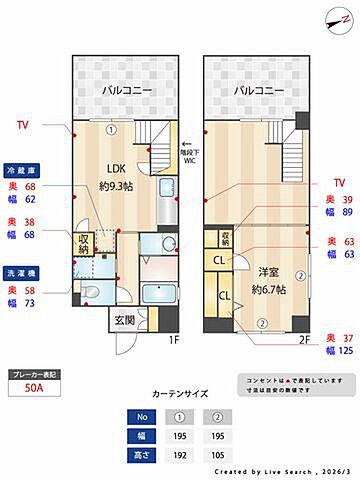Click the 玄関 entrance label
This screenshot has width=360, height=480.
point(124,320)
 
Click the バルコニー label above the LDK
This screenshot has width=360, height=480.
point(126,91)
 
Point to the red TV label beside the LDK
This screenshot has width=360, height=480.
point(22,126)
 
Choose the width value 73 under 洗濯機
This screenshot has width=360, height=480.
point(30,303)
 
